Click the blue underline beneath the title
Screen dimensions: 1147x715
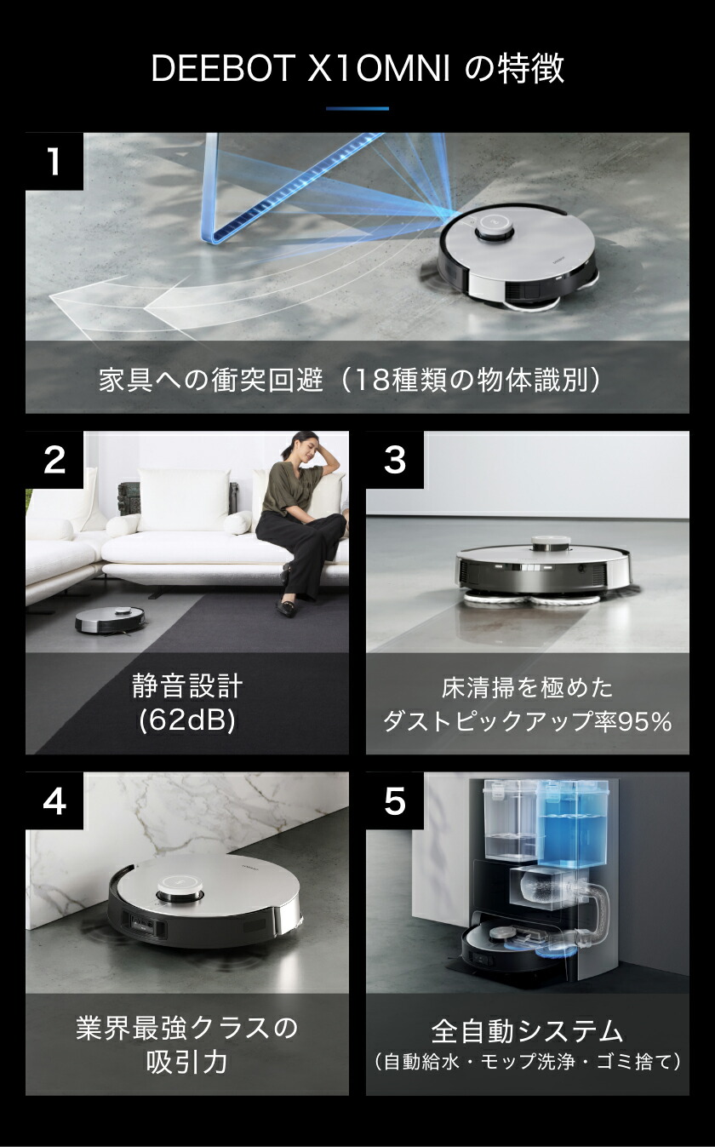click(x=357, y=108)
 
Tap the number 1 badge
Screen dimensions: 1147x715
click(x=54, y=161)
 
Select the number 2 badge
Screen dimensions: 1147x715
click(x=54, y=460)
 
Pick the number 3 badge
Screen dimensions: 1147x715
click(x=395, y=460)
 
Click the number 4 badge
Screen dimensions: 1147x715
click(x=54, y=800)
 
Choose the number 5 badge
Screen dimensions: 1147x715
click(x=395, y=800)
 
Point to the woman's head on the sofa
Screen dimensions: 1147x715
click(x=304, y=446)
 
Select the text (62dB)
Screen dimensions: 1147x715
click(x=187, y=721)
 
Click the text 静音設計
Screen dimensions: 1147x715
click(x=187, y=686)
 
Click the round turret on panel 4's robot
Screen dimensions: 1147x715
click(x=179, y=891)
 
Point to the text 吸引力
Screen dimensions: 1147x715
click(x=187, y=1062)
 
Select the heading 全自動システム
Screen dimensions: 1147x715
click(x=528, y=1031)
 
